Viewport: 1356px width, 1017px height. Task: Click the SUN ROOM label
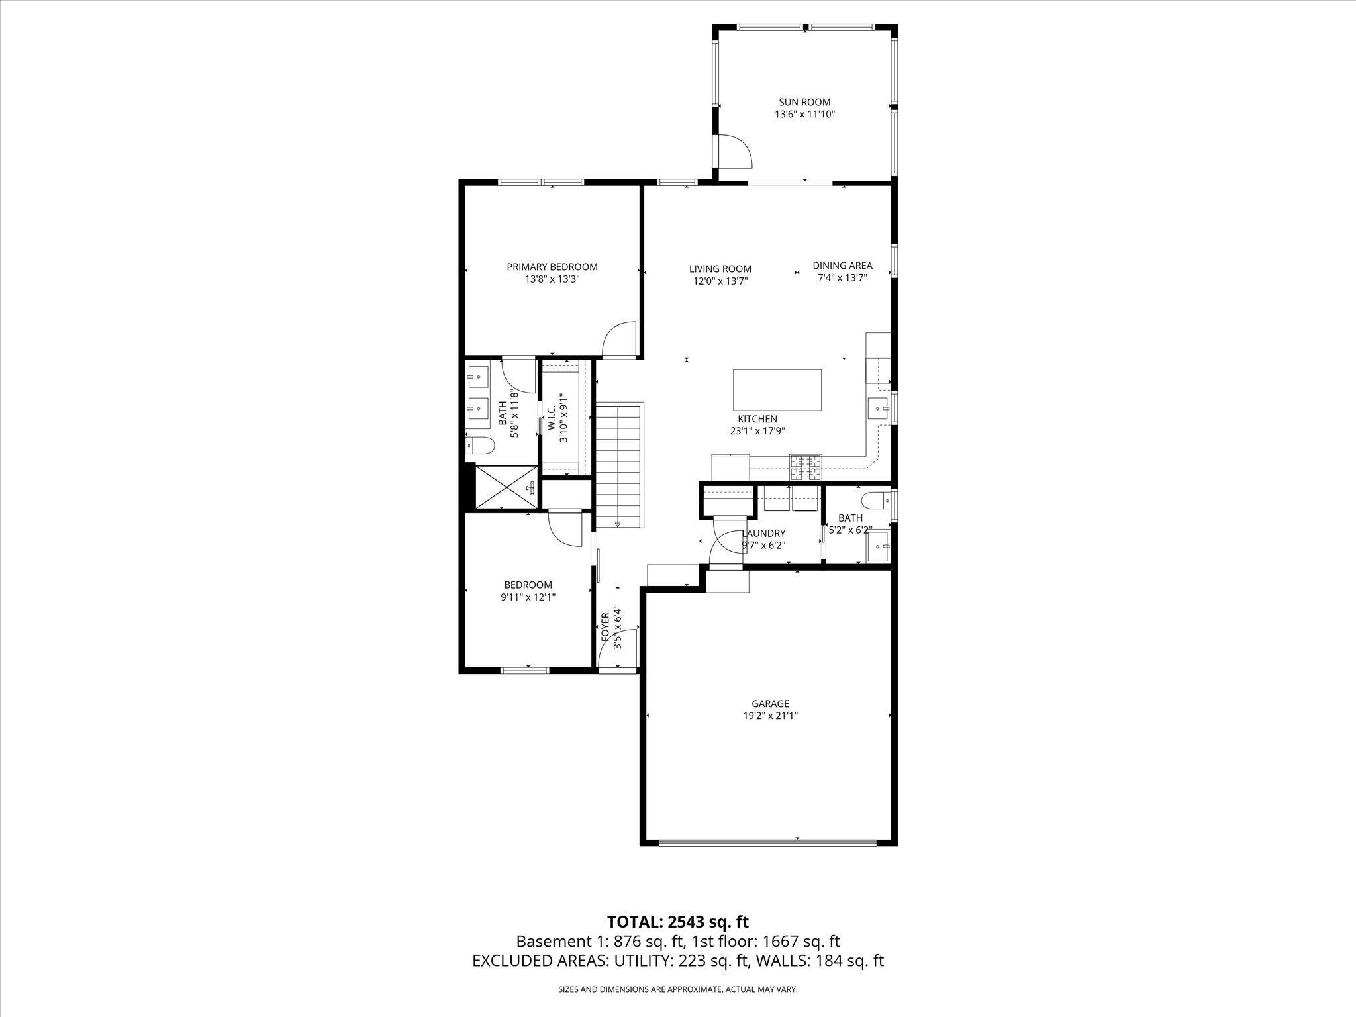pyautogui.click(x=804, y=102)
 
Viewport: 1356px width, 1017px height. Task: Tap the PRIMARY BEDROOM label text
pyautogui.click(x=552, y=267)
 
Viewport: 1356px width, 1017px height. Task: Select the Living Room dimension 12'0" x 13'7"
pyautogui.click(x=720, y=281)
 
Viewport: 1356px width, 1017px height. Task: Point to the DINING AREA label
pyautogui.click(x=842, y=266)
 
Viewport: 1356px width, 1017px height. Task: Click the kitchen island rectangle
pyautogui.click(x=777, y=391)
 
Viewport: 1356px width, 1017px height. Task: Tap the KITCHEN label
pyautogui.click(x=757, y=419)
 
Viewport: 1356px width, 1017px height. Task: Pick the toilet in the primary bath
pyautogui.click(x=479, y=445)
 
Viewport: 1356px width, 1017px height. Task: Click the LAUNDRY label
pyautogui.click(x=763, y=534)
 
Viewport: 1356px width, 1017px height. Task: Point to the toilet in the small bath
pyautogui.click(x=875, y=499)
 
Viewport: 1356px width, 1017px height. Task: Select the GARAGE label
pyautogui.click(x=770, y=704)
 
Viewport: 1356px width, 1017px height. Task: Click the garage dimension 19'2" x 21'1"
pyautogui.click(x=770, y=716)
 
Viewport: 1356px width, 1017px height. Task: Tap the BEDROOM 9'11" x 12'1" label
pyautogui.click(x=528, y=585)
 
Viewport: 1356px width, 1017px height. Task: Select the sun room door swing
pyautogui.click(x=736, y=152)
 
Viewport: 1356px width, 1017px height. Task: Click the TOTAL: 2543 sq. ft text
pyautogui.click(x=677, y=921)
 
